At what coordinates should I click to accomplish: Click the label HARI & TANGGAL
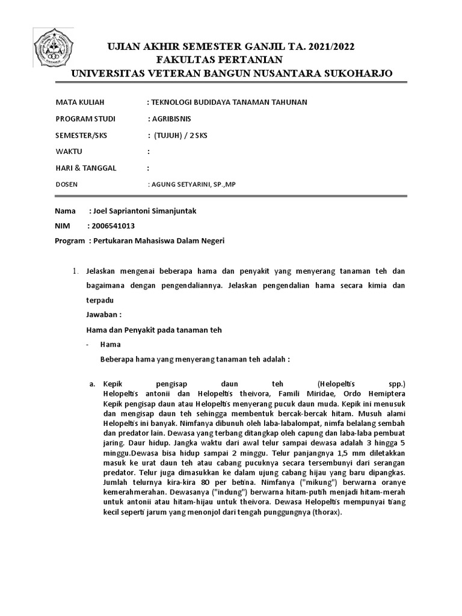[85, 168]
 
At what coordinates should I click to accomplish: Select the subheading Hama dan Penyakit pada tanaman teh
[154, 330]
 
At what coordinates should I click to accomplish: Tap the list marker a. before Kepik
[91, 383]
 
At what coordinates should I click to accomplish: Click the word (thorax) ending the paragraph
[322, 513]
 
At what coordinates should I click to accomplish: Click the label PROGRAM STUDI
[85, 119]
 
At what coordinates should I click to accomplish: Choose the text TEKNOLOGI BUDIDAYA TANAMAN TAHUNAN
[230, 102]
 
